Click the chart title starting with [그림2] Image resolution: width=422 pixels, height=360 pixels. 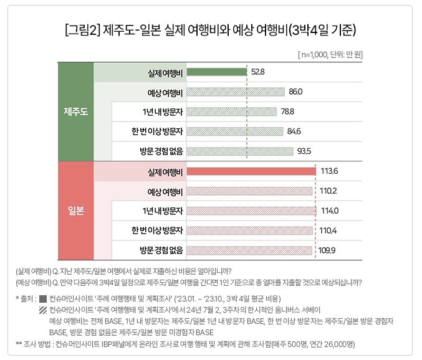pyautogui.click(x=211, y=30)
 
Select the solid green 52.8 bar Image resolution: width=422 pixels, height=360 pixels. pyautogui.click(x=216, y=72)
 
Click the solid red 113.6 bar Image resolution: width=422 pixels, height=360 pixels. pyautogui.click(x=251, y=172)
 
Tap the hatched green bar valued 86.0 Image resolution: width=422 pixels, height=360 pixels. pyautogui.click(x=235, y=92)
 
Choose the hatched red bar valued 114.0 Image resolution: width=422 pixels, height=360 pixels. pyautogui.click(x=251, y=211)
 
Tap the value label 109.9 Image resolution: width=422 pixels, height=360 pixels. pyautogui.click(x=327, y=250)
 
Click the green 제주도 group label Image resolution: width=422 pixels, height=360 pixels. pyautogui.click(x=75, y=111)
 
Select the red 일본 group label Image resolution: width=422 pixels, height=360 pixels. pyautogui.click(x=75, y=211)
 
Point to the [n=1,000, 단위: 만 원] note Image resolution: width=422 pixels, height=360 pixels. pyautogui.click(x=330, y=55)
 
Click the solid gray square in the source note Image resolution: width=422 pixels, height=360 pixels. pyautogui.click(x=42, y=298)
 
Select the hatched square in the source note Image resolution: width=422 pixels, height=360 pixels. pyautogui.click(x=42, y=310)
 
